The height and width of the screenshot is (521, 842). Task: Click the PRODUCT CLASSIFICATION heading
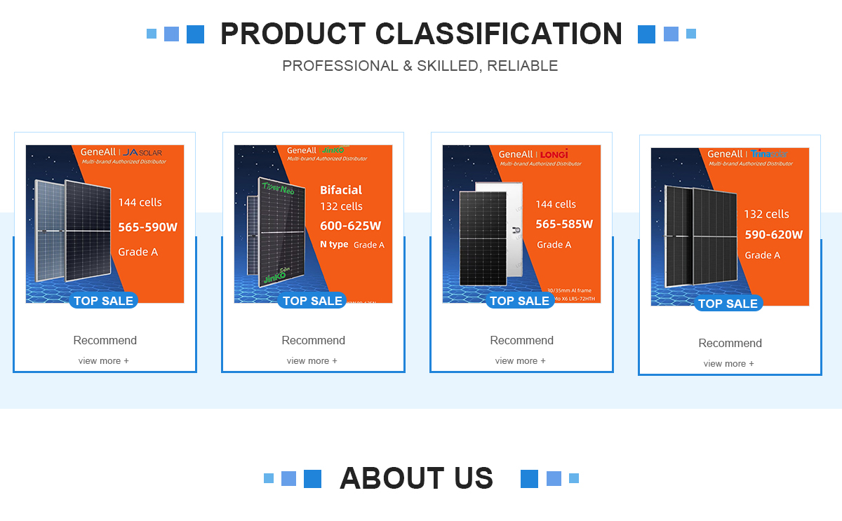pyautogui.click(x=421, y=34)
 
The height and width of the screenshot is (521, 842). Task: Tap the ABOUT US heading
pyautogui.click(x=416, y=478)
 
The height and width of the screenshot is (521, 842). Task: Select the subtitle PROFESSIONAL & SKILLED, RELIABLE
pyautogui.click(x=420, y=66)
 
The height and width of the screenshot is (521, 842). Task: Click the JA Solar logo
pyautogui.click(x=142, y=152)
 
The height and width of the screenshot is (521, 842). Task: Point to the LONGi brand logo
pyautogui.click(x=554, y=154)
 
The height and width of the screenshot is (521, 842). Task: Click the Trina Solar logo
pyautogui.click(x=768, y=154)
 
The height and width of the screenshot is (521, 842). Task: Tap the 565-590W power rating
pyautogui.click(x=147, y=227)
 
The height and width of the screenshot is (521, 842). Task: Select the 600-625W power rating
pyautogui.click(x=350, y=226)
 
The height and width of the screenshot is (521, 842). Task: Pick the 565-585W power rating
pyautogui.click(x=564, y=224)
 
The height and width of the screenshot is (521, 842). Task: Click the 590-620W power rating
pyautogui.click(x=773, y=235)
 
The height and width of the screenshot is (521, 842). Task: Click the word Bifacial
pyautogui.click(x=341, y=190)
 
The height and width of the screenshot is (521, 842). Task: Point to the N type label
pyautogui.click(x=334, y=245)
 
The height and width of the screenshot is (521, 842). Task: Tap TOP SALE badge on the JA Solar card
pyautogui.click(x=103, y=301)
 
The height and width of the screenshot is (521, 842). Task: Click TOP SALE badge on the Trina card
pyautogui.click(x=728, y=304)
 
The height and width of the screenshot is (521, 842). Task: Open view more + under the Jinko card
pyautogui.click(x=312, y=361)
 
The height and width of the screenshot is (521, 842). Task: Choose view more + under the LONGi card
pyautogui.click(x=520, y=361)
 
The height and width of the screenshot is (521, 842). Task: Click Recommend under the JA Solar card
pyautogui.click(x=105, y=341)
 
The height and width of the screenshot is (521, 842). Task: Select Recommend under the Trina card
pyautogui.click(x=730, y=344)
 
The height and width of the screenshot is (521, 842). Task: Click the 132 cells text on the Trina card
pyautogui.click(x=766, y=215)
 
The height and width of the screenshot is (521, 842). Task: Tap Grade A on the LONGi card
pyautogui.click(x=554, y=245)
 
